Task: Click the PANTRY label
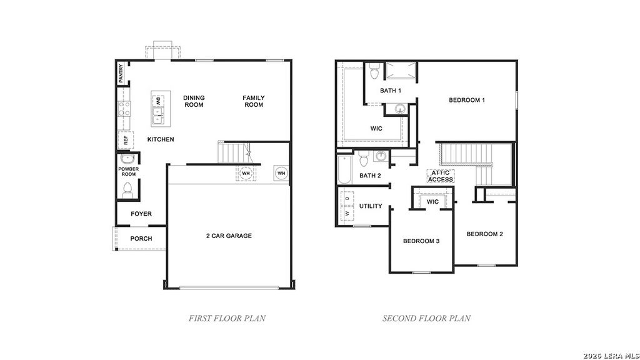tap(121, 74)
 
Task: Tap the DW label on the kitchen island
tap(158, 101)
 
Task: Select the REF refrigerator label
tap(125, 141)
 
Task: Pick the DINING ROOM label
tap(194, 101)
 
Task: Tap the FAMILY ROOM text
tap(254, 101)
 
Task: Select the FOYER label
tap(141, 214)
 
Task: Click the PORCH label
tap(141, 239)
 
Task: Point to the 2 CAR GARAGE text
tap(229, 236)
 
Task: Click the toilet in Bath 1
tap(374, 72)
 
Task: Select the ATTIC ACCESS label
tap(441, 176)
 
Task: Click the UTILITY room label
tap(371, 206)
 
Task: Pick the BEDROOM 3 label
tap(421, 241)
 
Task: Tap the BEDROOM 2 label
tap(484, 234)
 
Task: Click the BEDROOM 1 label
tap(467, 100)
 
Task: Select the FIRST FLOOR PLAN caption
tap(227, 318)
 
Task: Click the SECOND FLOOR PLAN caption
tap(426, 318)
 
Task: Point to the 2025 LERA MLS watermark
tap(610, 355)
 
